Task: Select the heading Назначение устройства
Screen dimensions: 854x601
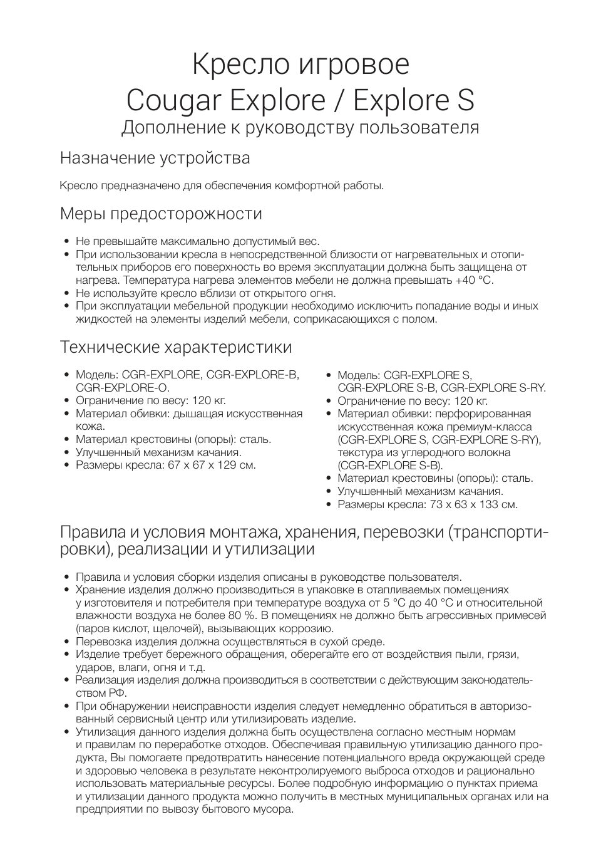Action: click(155, 158)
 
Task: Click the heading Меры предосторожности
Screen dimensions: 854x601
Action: click(161, 214)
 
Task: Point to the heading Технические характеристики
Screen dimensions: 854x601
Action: click(175, 346)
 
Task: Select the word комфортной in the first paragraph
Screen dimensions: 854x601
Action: click(309, 185)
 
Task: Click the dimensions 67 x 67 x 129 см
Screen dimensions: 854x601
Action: click(209, 465)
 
